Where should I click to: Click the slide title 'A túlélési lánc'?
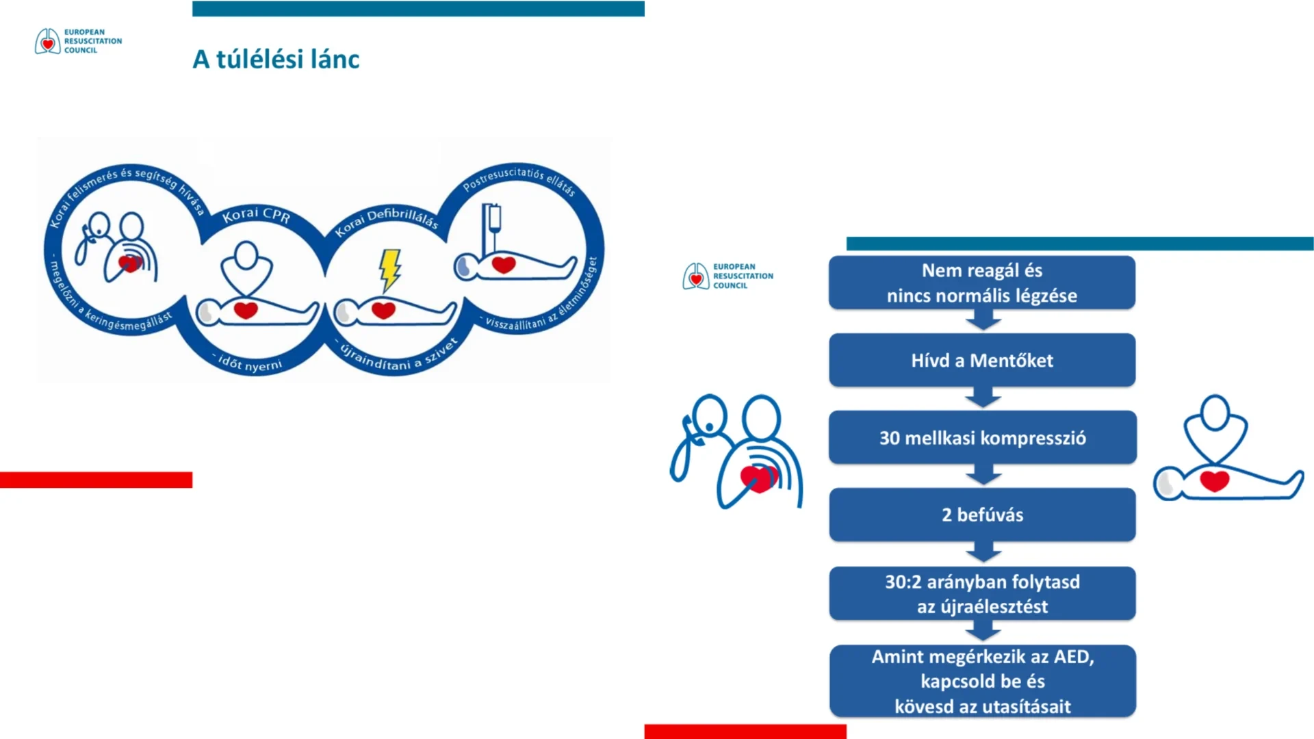(x=276, y=60)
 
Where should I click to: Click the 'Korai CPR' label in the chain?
(x=256, y=215)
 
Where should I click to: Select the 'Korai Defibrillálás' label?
(x=387, y=220)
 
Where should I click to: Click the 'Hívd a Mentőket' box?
(x=982, y=360)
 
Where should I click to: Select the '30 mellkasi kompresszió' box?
(x=983, y=438)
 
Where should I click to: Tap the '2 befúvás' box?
(x=983, y=515)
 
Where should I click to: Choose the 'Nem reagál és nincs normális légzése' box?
(x=982, y=283)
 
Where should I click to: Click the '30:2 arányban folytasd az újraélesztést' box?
(x=983, y=593)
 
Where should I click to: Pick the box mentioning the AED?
(x=983, y=681)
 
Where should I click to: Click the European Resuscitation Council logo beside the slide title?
(x=79, y=41)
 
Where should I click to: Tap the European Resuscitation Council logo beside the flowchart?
(x=727, y=276)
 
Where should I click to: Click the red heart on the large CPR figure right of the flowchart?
(x=1214, y=481)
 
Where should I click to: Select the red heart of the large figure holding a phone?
(x=758, y=478)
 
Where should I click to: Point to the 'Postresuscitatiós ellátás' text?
(x=519, y=179)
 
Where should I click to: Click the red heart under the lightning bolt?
(x=383, y=310)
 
